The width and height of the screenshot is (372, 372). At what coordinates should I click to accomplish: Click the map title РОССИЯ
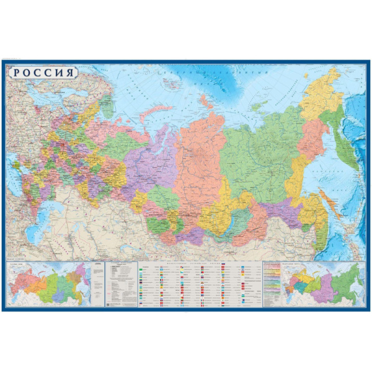43,72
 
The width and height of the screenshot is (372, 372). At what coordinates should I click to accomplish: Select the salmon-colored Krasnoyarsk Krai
198,161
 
